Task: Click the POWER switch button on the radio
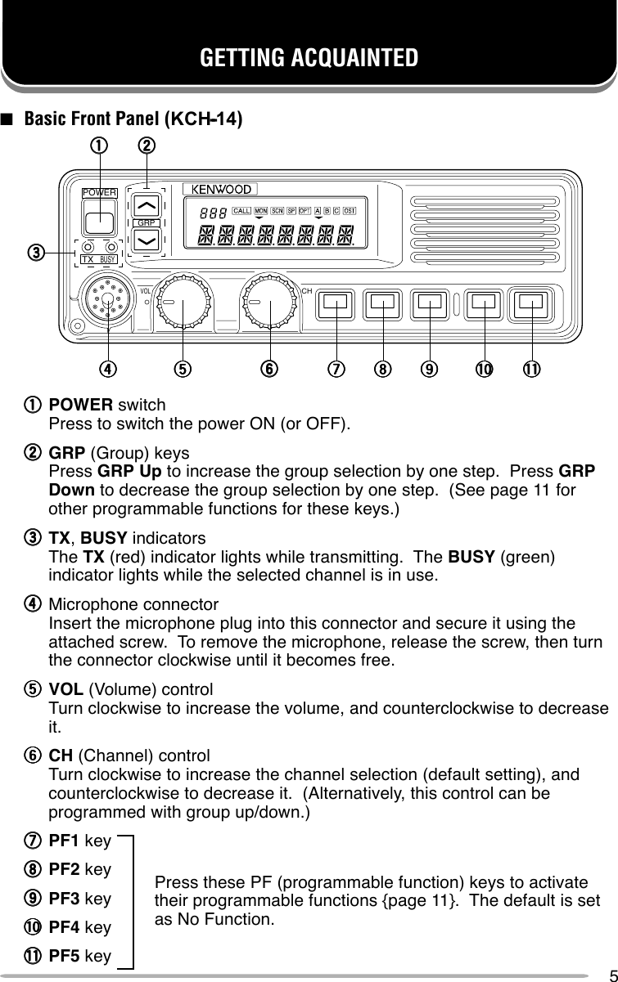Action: coord(100,219)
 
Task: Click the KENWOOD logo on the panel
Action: coord(222,190)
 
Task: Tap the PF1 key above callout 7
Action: coord(334,303)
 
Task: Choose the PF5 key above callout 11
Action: coord(531,303)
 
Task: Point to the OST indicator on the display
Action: coord(350,210)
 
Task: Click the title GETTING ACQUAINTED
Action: coord(309,58)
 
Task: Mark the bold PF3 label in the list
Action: coord(65,899)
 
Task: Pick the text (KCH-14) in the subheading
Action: coord(204,119)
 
